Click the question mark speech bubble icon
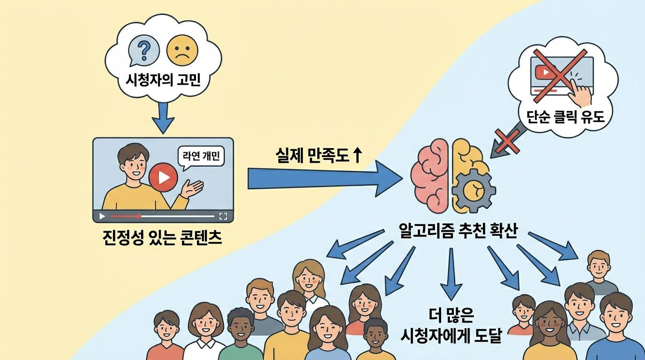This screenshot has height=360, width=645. pyautogui.click(x=142, y=50)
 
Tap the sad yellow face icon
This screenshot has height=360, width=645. pyautogui.click(x=181, y=51)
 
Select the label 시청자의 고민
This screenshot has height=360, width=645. pyautogui.click(x=163, y=81)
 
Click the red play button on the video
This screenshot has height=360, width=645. pyautogui.click(x=163, y=177)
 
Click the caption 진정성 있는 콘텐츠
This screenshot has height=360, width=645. pyautogui.click(x=163, y=239)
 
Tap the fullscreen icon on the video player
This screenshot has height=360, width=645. pyautogui.click(x=223, y=216)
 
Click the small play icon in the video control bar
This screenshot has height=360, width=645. pyautogui.click(x=102, y=216)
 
